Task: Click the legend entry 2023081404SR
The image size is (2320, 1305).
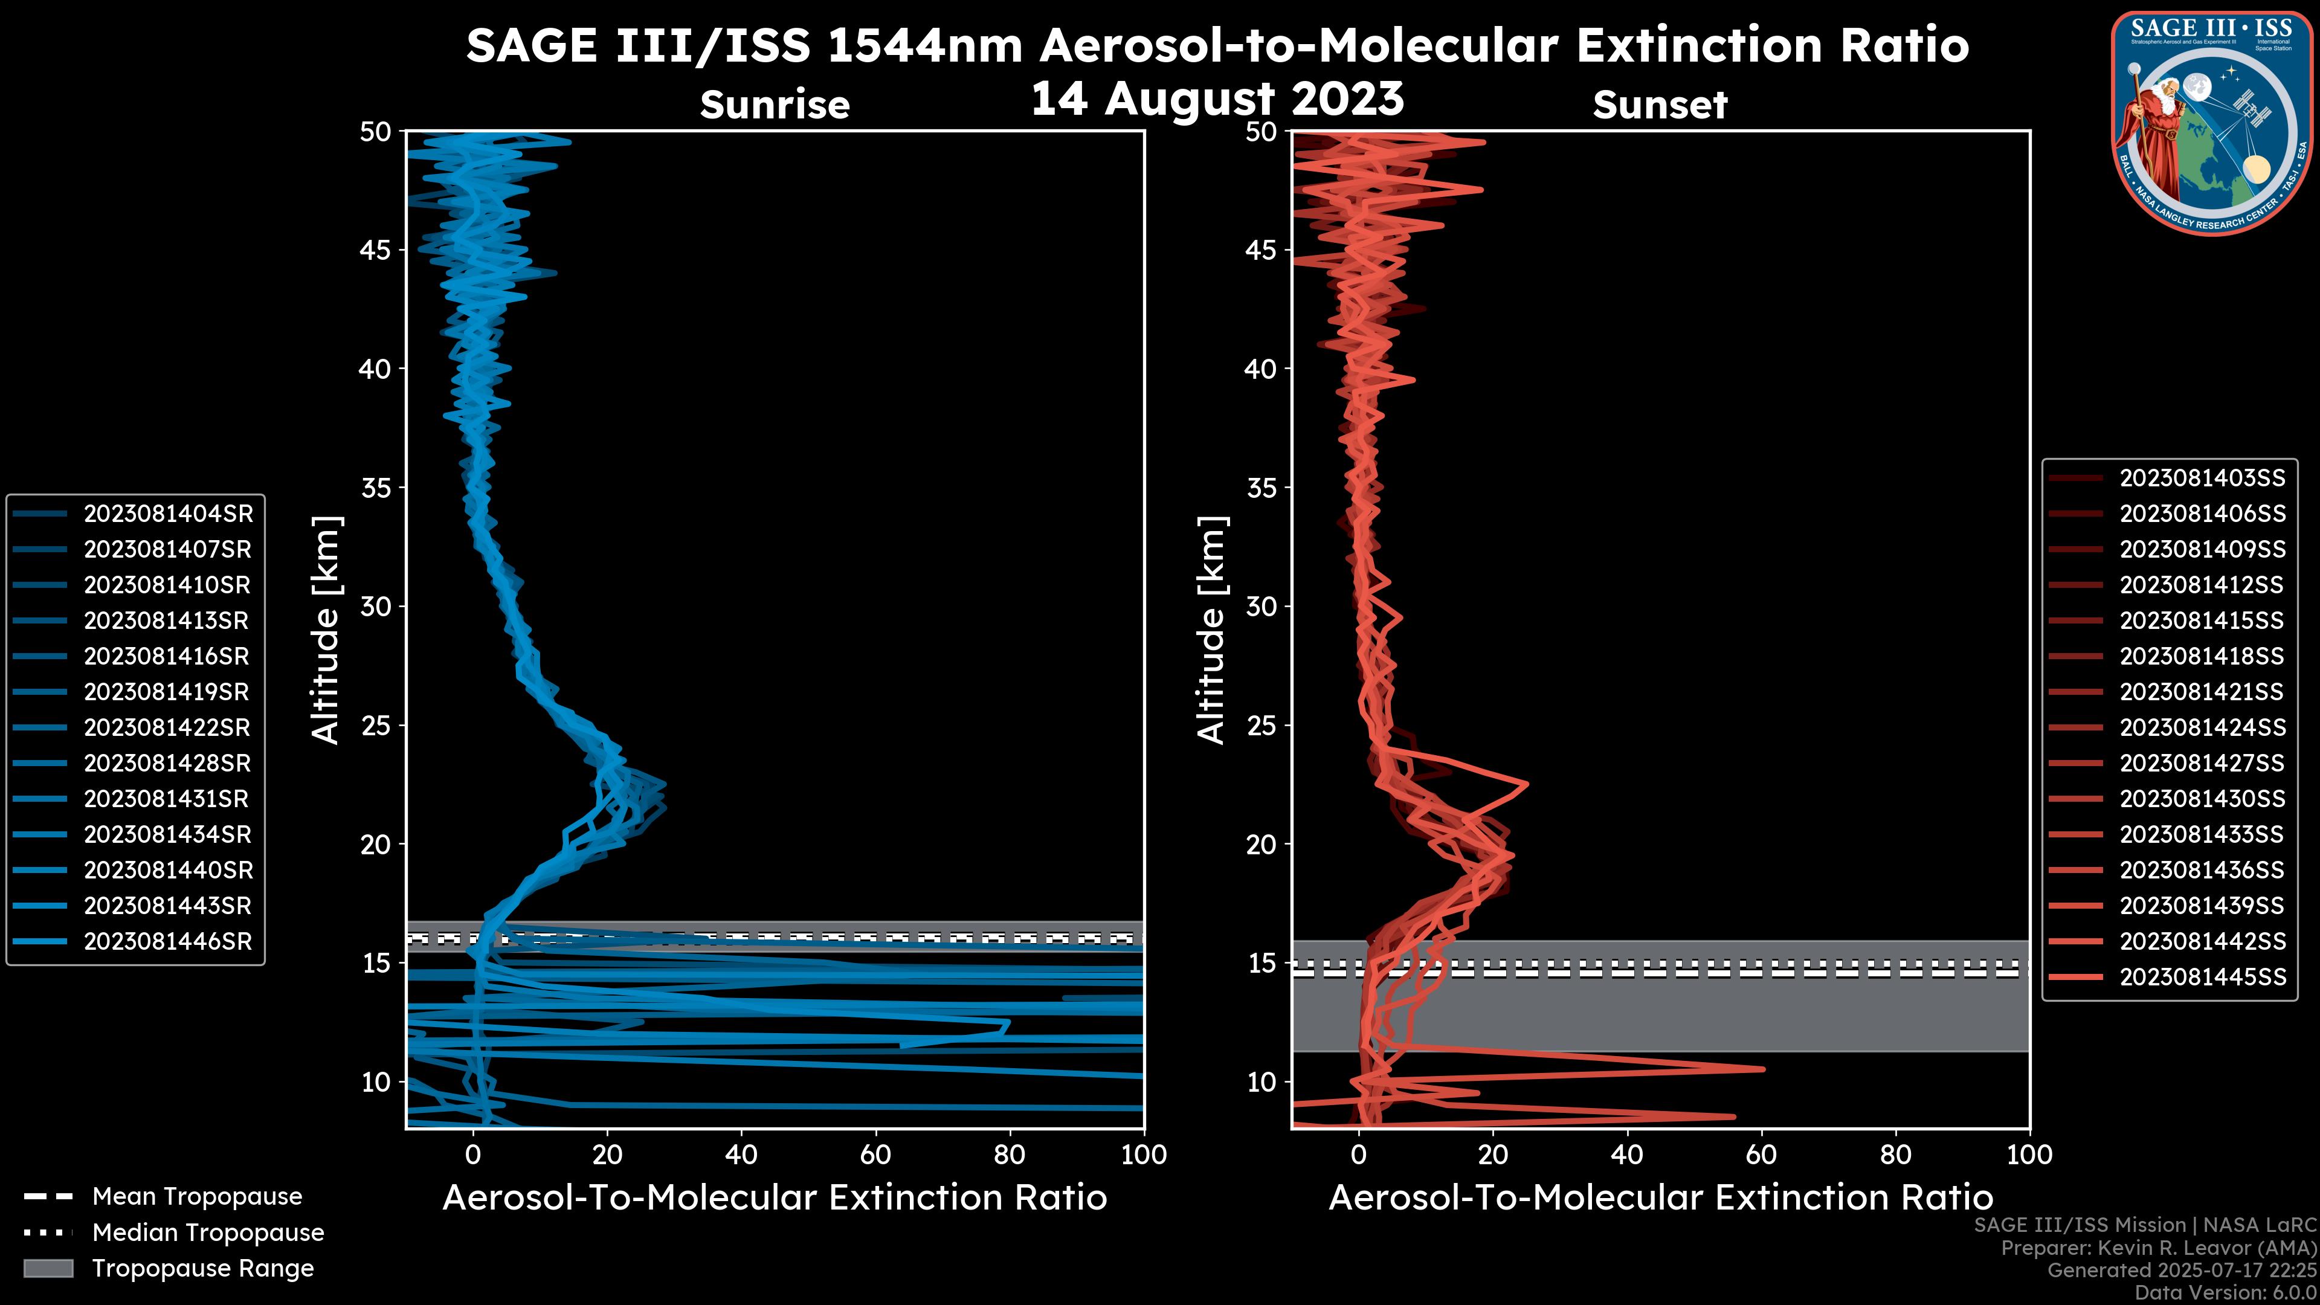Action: point(167,514)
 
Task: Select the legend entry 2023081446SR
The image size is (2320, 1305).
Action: point(167,941)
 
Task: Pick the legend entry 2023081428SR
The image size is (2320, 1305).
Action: point(167,763)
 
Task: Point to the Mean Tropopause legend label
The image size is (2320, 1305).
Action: point(196,1196)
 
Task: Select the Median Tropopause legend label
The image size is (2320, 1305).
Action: point(207,1232)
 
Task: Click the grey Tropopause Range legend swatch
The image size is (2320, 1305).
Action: point(48,1268)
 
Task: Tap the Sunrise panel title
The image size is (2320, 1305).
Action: point(775,105)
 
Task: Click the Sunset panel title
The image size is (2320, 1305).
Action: point(1660,105)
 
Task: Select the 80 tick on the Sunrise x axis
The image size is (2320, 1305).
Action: point(1010,1155)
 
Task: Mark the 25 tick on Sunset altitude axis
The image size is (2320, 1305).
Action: point(1261,725)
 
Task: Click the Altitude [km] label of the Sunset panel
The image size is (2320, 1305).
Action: point(1211,630)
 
